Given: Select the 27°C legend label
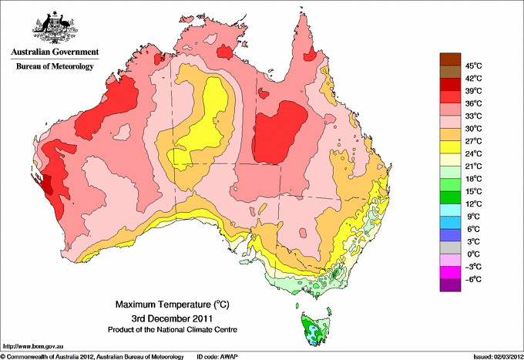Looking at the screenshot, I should click(x=472, y=141).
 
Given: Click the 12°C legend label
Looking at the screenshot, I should click(x=472, y=204).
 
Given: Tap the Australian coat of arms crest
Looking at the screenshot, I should click(x=53, y=27).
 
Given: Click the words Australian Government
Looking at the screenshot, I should click(x=54, y=52).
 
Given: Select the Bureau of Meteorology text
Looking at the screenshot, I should click(x=54, y=66).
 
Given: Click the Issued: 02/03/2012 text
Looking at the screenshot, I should click(x=493, y=356).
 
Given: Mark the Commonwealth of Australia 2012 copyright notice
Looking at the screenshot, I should click(x=92, y=356).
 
